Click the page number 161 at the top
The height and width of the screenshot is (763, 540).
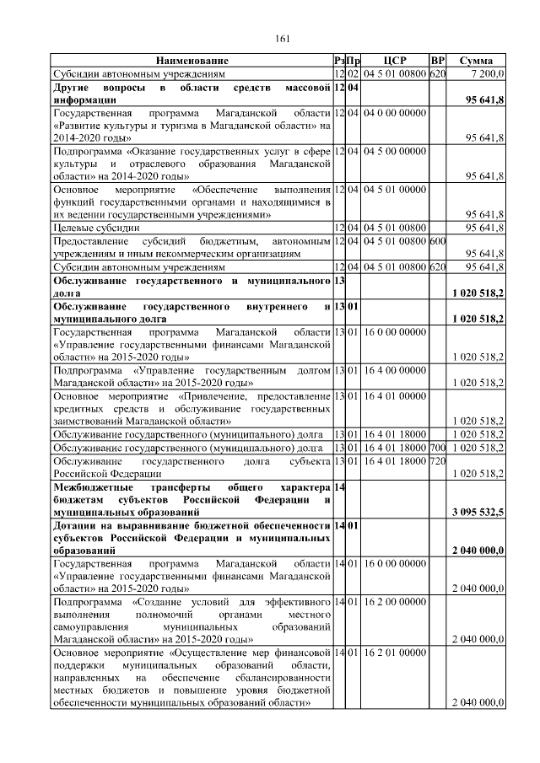283,37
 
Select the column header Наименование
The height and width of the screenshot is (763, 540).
192,61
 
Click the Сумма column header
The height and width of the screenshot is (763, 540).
476,61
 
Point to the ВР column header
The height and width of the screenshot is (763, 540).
437,61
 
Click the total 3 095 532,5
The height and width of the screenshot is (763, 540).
478,512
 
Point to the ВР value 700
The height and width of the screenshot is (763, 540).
437,447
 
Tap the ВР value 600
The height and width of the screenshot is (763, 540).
437,242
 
